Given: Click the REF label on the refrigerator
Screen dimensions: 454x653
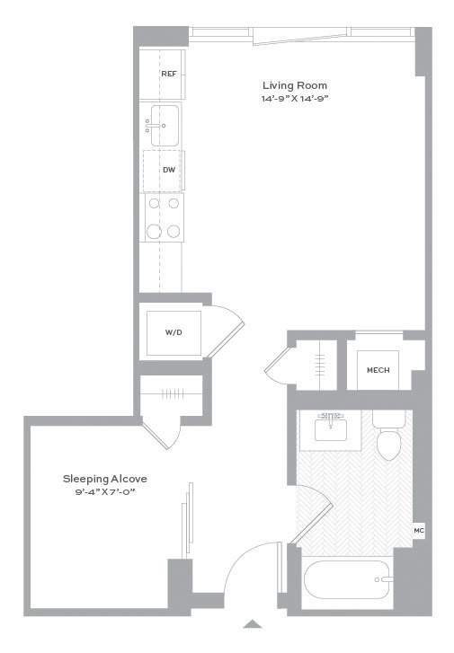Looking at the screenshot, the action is (169, 74).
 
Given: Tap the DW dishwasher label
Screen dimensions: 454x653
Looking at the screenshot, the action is (169, 170).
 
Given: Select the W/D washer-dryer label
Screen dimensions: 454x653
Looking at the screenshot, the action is (174, 332).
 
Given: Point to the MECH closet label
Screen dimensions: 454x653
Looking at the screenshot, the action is (378, 370).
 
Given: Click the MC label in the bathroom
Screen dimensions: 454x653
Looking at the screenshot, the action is (419, 531).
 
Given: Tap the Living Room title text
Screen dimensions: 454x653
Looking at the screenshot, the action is (295, 85).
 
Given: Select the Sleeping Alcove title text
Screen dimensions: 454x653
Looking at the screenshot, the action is (104, 479).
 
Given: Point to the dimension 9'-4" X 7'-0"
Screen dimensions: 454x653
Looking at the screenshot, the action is (105, 492).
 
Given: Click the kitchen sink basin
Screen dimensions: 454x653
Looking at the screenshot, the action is (165, 126).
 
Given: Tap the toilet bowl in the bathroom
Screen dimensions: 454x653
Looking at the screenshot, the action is (388, 445).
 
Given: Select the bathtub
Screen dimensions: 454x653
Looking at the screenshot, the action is (349, 579).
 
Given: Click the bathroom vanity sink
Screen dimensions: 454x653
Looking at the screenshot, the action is (331, 430).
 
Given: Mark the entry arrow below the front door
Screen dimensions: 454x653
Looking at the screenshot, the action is (253, 623).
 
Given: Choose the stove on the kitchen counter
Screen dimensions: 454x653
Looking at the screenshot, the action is (164, 217).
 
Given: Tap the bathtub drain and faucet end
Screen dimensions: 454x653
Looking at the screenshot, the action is (384, 579).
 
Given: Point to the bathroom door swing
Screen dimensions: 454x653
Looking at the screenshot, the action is (314, 515).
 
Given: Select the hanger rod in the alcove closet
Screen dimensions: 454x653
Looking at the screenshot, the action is (173, 393).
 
